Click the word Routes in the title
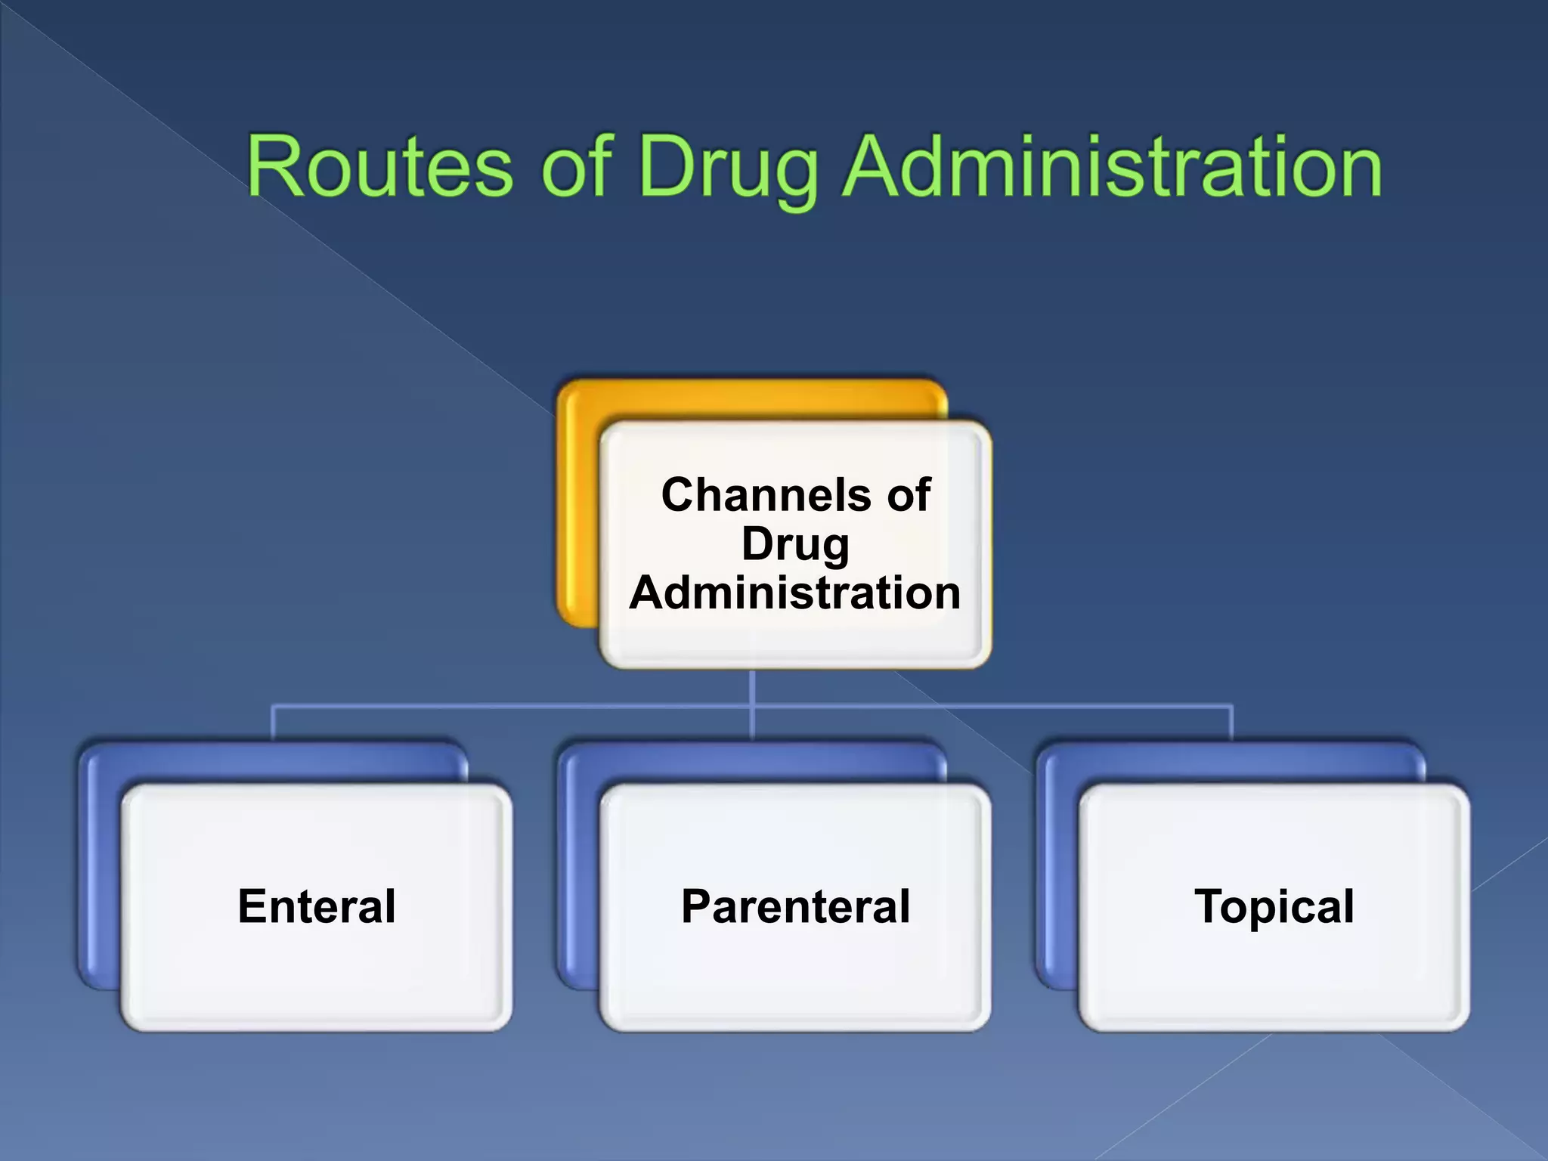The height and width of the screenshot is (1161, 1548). click(380, 166)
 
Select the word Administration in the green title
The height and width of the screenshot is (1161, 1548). click(1112, 166)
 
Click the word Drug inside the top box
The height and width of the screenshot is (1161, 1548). click(795, 544)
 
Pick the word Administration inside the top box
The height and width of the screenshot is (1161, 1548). click(795, 593)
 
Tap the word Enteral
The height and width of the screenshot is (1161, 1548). click(317, 906)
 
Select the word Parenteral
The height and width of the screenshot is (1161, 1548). click(795, 906)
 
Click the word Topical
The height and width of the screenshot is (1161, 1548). click(1274, 906)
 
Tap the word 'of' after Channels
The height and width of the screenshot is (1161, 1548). click(908, 495)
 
